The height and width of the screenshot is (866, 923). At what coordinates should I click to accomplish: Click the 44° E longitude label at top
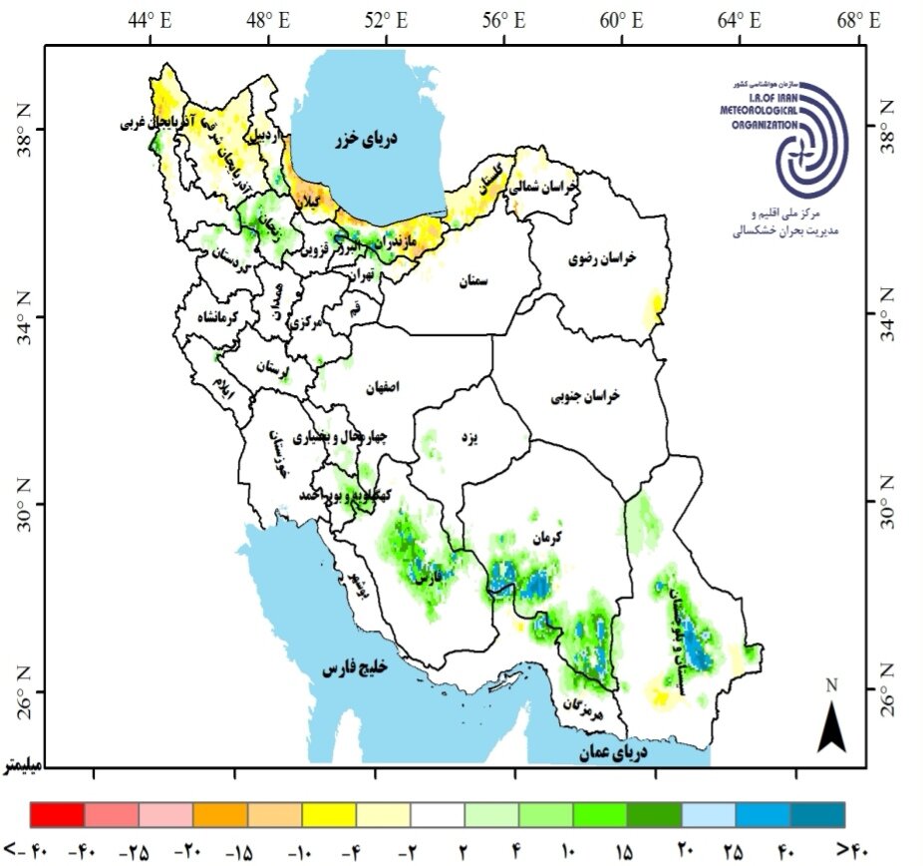[x=150, y=20]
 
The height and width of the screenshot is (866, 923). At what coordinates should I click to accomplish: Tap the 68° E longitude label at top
[x=858, y=20]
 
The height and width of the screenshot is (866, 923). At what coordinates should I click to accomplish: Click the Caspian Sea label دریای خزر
[x=365, y=139]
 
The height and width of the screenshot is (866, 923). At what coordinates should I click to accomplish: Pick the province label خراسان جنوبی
[x=585, y=396]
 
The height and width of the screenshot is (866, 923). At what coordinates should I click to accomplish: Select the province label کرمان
[x=545, y=537]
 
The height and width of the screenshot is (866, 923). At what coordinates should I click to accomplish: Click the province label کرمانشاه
[x=216, y=317]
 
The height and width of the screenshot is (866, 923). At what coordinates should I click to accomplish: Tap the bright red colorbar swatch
[x=58, y=814]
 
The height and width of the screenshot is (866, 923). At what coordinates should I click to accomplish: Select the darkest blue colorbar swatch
[x=817, y=814]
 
